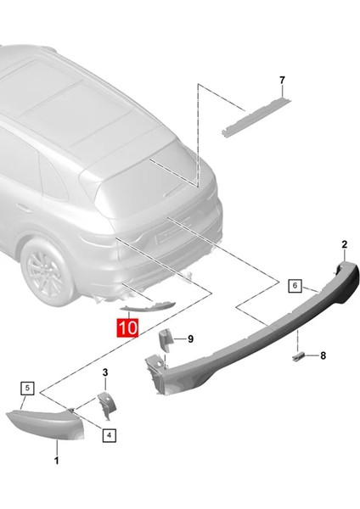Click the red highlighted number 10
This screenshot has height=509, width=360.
pos(127,326)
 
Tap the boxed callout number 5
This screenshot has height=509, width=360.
pos(27,388)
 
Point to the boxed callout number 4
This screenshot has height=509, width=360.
pos(109,435)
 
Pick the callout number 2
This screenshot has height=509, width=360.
pos(344,244)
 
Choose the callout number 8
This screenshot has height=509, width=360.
pos(322,356)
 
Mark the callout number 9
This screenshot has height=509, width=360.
pos(190,338)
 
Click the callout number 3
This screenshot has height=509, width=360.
pos(105,372)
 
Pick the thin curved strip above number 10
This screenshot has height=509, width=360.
pos(149,310)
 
